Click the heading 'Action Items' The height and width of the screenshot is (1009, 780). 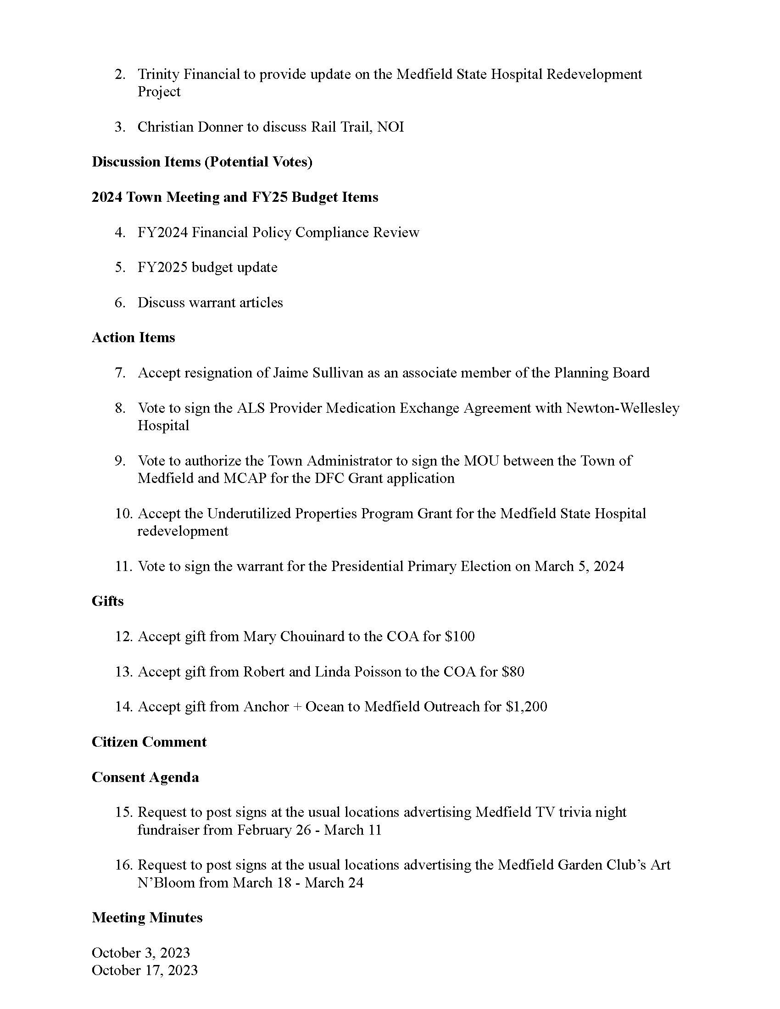133,338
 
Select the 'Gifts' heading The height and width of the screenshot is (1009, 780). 108,601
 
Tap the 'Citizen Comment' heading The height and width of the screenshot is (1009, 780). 149,742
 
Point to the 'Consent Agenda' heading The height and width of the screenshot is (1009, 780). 145,777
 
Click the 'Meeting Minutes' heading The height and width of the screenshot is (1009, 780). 147,918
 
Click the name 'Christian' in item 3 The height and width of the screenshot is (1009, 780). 165,127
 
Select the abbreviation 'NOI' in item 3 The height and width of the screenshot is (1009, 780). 390,127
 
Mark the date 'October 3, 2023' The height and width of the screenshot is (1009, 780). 141,953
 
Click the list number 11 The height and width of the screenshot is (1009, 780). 123,566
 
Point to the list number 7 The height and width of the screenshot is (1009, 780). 120,373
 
